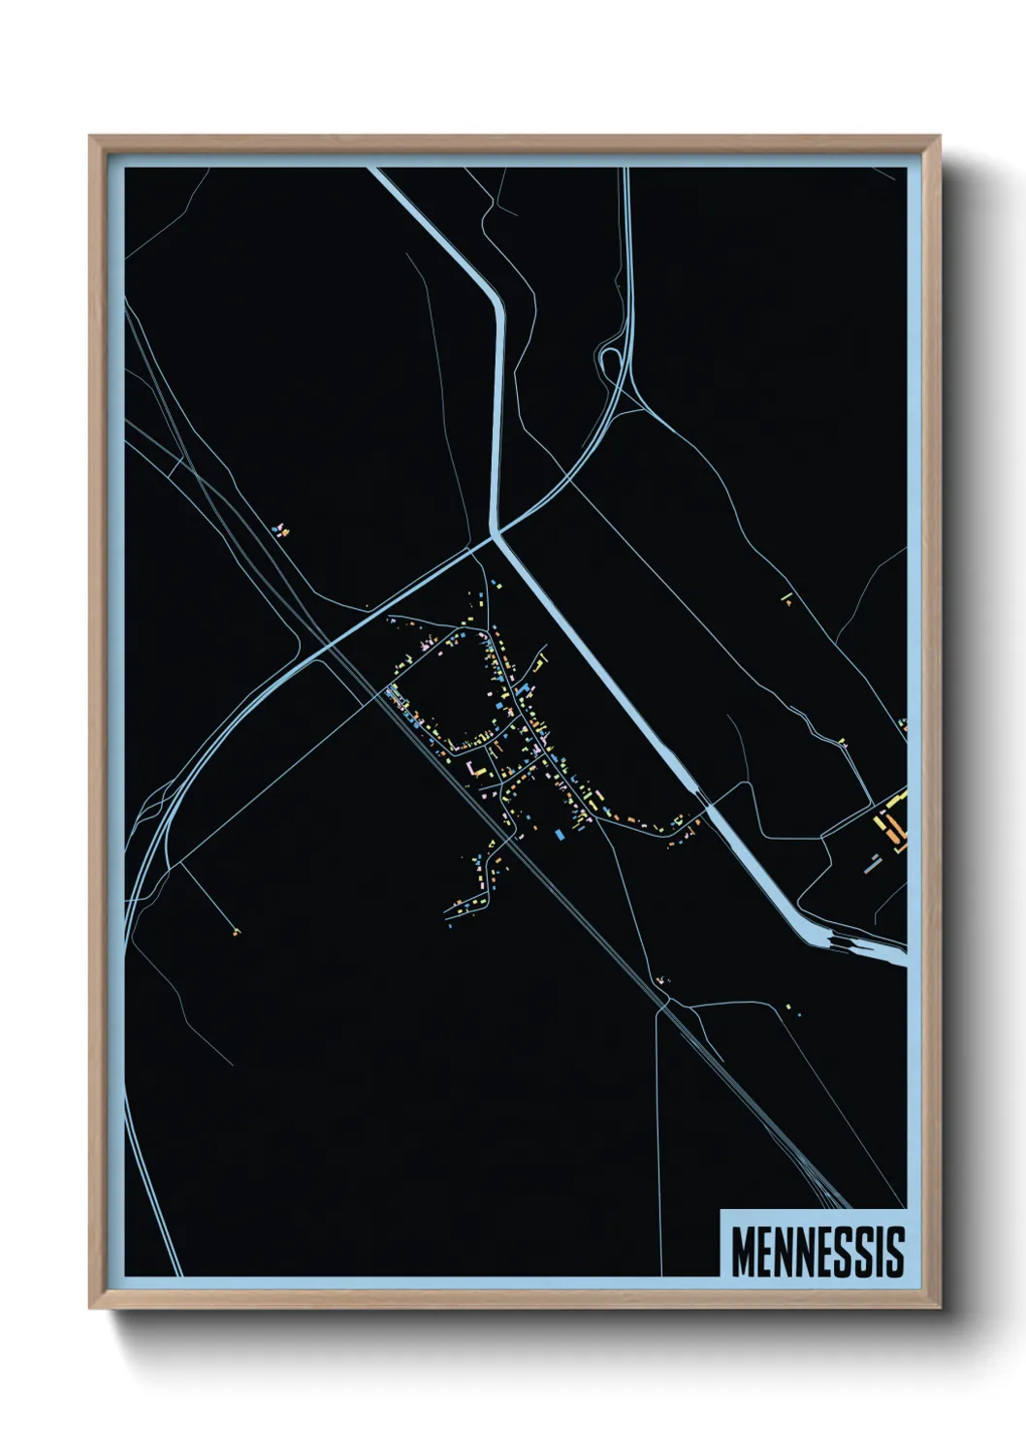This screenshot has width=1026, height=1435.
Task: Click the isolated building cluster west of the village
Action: (281, 529)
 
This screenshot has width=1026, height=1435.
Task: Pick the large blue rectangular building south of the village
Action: (559, 833)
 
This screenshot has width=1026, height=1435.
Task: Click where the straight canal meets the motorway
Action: (496, 532)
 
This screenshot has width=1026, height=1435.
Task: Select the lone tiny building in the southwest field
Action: (236, 932)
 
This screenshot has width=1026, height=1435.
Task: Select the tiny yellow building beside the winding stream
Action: (842, 743)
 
